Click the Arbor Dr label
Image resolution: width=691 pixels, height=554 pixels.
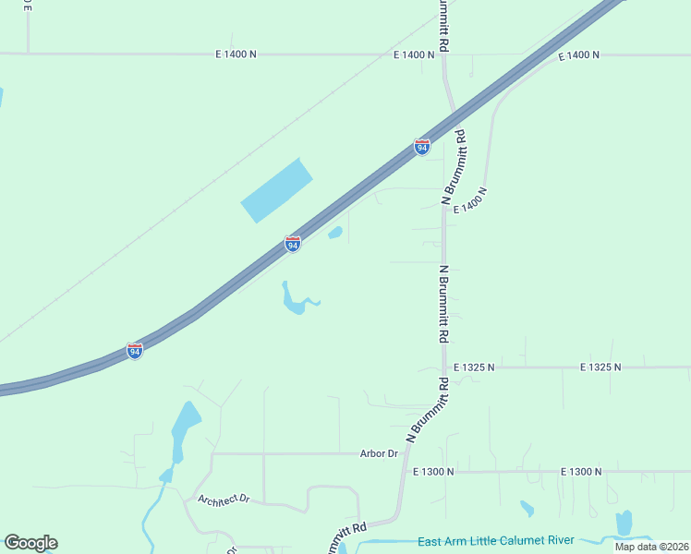coord(379,453)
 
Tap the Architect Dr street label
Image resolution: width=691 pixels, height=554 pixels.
coord(224,499)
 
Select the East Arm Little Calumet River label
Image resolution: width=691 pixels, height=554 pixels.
coord(496,540)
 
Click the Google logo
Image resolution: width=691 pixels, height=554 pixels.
coord(30,543)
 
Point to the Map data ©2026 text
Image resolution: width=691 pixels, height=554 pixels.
coord(651,547)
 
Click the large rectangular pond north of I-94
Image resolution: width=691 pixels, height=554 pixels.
coord(276,190)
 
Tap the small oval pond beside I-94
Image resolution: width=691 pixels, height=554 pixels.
coord(335,233)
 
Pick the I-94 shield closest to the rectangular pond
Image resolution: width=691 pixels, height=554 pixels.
coord(293,244)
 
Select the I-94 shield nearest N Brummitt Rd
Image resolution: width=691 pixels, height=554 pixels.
coord(421,147)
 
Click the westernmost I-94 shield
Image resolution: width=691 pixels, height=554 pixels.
coord(135,351)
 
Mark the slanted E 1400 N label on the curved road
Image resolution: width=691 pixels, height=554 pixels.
coord(469,200)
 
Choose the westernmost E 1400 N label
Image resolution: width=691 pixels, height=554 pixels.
coord(236,54)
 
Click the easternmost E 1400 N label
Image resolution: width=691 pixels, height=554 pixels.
coord(579,55)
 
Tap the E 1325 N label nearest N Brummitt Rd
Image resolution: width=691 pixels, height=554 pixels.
coord(474,367)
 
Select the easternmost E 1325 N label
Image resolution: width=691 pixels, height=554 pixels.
coord(600,367)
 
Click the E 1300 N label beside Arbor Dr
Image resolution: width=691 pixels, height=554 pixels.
coord(433,472)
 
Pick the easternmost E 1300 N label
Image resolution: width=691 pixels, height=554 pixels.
coord(582,472)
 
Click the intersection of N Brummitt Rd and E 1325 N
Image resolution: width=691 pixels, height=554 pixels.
coord(444,367)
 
